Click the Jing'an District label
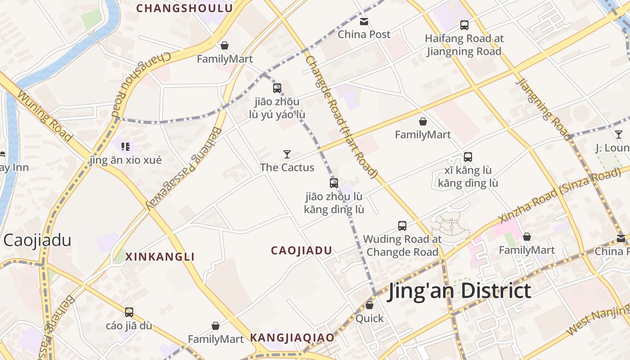click(x=459, y=291)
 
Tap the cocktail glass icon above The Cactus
click(x=287, y=154)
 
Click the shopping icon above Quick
click(x=369, y=305)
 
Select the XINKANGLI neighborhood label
click(x=160, y=257)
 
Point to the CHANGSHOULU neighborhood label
click(x=184, y=8)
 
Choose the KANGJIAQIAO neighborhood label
click(x=292, y=337)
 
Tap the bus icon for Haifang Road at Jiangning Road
click(x=464, y=25)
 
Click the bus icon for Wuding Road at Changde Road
click(x=402, y=225)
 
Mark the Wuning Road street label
click(x=45, y=116)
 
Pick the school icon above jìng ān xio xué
click(x=126, y=146)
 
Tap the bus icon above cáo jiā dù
click(x=129, y=312)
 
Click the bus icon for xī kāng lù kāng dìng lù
click(x=468, y=157)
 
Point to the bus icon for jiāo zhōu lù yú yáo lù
click(x=277, y=88)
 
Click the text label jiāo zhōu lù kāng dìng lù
click(x=334, y=203)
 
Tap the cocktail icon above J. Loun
click(x=619, y=135)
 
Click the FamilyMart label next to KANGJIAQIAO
click(x=216, y=339)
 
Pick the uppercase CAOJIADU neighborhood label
click(x=301, y=251)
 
